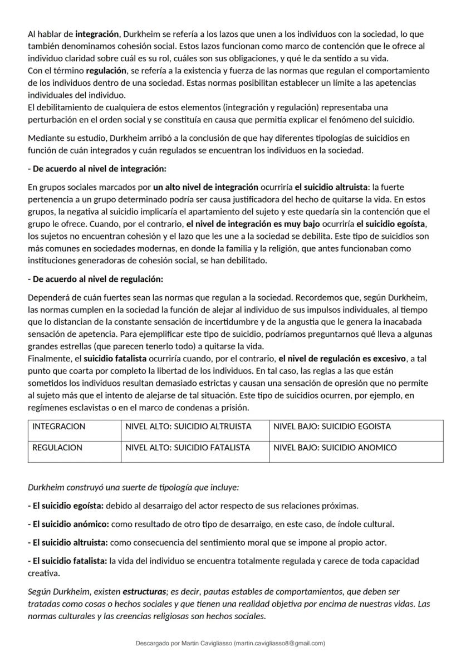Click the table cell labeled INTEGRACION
point(59,427)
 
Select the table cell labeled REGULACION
point(57,447)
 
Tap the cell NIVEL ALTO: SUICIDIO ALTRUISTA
point(188,427)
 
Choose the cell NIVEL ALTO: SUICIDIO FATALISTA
point(188,447)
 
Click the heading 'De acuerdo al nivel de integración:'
point(97,168)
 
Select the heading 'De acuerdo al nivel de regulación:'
point(95,279)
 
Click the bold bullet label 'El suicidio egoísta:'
point(66,506)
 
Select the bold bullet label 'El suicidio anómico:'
point(68,524)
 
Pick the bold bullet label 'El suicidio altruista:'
point(68,542)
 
